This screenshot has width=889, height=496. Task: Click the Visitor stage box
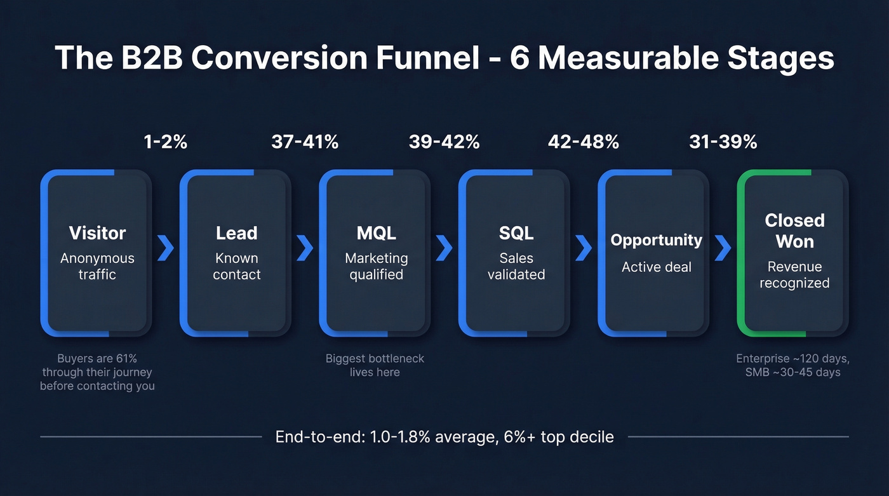point(97,253)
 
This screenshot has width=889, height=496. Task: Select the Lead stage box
point(236,253)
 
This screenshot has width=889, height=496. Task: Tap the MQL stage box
point(376,253)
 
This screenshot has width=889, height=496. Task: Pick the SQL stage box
point(516,253)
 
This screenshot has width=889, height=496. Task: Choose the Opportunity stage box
point(655,253)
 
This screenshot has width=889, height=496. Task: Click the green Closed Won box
point(794,253)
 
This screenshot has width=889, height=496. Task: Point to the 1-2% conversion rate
point(166,142)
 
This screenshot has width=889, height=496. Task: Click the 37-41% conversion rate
point(305,142)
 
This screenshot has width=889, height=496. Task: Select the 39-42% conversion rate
point(444,142)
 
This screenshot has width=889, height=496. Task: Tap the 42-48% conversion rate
point(583,142)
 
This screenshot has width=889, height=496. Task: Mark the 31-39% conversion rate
point(723,142)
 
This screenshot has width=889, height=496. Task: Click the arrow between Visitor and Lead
point(166,248)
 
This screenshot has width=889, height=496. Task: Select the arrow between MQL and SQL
point(444,248)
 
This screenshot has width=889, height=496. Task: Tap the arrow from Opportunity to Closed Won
point(723,248)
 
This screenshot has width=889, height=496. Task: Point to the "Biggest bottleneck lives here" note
point(375,365)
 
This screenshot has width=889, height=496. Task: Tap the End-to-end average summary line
point(444,437)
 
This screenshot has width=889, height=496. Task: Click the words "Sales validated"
point(516,267)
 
